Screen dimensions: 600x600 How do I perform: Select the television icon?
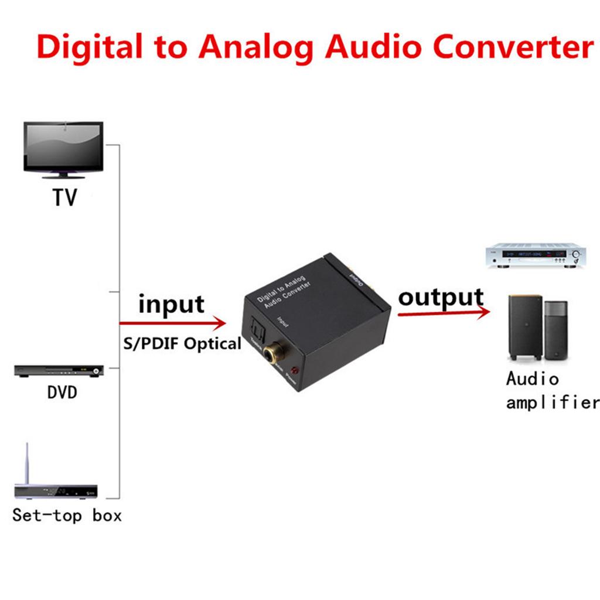[x=63, y=149]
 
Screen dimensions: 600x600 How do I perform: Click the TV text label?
[x=64, y=198]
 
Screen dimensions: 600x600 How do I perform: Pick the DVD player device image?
[x=59, y=371]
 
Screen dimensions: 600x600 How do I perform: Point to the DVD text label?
[x=62, y=392]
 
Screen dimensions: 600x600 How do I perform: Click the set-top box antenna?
[x=27, y=463]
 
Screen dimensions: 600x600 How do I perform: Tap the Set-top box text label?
[x=67, y=516]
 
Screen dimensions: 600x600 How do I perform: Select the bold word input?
[x=171, y=305]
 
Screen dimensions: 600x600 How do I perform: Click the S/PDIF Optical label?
[x=182, y=344]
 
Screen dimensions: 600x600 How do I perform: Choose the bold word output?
[x=441, y=297]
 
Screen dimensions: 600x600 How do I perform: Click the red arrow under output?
[x=444, y=313]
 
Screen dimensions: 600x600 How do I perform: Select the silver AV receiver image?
[x=536, y=255]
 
